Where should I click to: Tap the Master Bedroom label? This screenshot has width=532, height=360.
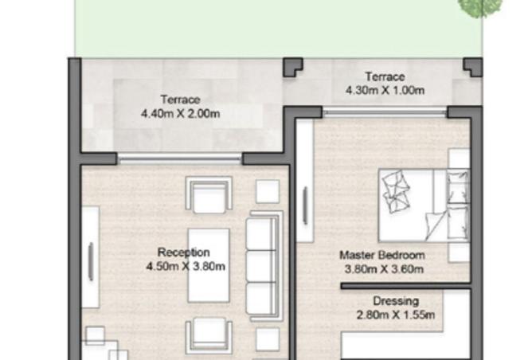[381, 256]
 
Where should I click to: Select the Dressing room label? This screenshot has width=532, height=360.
[396, 301]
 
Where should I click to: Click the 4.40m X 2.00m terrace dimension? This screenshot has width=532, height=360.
[180, 114]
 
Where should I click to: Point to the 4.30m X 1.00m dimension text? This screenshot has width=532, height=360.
[385, 91]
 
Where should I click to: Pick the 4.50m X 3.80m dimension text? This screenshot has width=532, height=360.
[186, 267]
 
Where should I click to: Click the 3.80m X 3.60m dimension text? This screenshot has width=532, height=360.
[383, 269]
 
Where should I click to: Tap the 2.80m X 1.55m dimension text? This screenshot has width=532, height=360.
[396, 315]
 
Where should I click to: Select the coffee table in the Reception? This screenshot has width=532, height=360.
[209, 264]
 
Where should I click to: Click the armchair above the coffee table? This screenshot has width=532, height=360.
[209, 195]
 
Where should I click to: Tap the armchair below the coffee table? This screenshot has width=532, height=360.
[209, 336]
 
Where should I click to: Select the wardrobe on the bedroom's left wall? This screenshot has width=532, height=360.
[305, 203]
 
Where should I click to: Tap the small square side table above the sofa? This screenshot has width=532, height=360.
[267, 191]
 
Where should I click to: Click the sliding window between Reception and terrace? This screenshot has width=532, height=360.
[179, 158]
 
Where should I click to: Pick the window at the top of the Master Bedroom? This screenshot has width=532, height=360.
[385, 112]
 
